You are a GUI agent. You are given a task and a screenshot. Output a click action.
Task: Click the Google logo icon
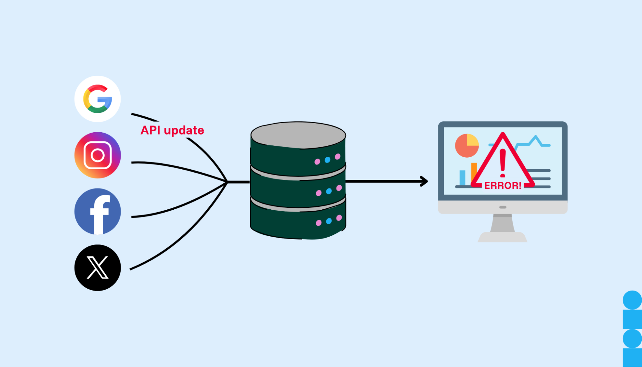(x=98, y=99)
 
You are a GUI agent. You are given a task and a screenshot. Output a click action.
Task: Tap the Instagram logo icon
(x=98, y=155)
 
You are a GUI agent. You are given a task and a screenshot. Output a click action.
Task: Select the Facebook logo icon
(x=98, y=212)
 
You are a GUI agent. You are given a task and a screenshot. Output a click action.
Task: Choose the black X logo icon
(x=98, y=268)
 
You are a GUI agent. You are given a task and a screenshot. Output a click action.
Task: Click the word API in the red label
(x=150, y=130)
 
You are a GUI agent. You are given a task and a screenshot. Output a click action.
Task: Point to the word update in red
(x=184, y=130)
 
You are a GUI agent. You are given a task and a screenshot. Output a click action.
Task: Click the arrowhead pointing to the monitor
(x=425, y=181)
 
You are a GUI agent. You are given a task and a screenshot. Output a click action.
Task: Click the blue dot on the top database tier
(x=328, y=160)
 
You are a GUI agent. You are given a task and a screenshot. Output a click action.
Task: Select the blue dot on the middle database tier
(x=329, y=191)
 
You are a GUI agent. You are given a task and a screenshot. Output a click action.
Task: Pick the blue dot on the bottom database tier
(x=329, y=221)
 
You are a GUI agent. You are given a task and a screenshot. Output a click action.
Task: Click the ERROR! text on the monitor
(x=503, y=186)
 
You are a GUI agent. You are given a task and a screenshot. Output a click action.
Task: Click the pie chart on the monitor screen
(x=467, y=145)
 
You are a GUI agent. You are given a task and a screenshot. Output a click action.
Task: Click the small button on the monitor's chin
(x=503, y=207)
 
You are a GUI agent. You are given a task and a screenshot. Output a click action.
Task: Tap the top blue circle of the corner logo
(x=632, y=300)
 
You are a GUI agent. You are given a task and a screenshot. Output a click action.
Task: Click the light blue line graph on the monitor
(x=534, y=141)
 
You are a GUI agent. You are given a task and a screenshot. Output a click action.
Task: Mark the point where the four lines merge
(x=227, y=182)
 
